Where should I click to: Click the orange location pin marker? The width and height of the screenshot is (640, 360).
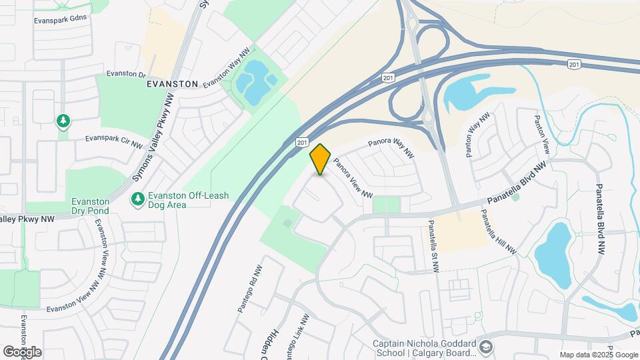tap(321, 159)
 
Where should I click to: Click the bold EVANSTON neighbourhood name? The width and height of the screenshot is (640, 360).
tap(173, 85)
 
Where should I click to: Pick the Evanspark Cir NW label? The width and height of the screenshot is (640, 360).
tap(114, 142)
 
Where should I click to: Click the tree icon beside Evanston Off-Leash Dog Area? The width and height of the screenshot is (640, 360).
tap(138, 199)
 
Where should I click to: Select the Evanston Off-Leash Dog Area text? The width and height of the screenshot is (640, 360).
tap(180, 200)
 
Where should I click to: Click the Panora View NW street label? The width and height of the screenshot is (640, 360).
tap(353, 177)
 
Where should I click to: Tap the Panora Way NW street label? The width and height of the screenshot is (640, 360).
tap(391, 149)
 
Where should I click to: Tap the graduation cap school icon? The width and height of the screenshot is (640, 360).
tap(487, 347)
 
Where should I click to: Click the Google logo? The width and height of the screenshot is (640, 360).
tap(22, 351)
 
